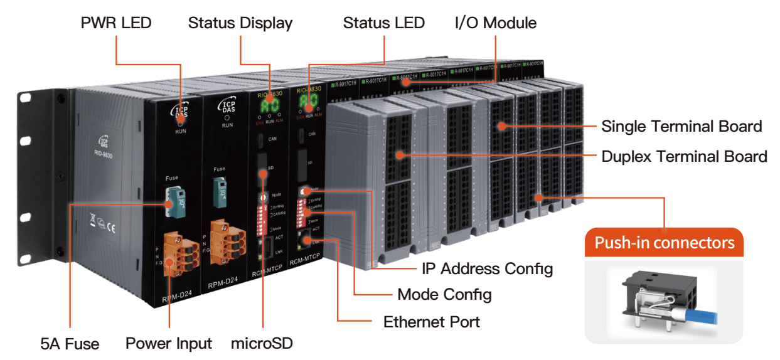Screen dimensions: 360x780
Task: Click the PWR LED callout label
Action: [x=116, y=23]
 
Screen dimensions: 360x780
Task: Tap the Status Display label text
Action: [x=240, y=23]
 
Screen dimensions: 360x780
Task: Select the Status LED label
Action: [x=383, y=23]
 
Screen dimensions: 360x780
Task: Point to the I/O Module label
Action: [x=495, y=23]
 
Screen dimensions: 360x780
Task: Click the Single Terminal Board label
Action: [x=681, y=126]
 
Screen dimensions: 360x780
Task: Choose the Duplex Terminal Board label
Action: [x=684, y=156]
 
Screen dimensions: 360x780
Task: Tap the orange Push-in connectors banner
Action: [x=664, y=243]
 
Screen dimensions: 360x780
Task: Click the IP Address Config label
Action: [x=487, y=269]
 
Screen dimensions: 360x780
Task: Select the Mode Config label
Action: [x=444, y=294]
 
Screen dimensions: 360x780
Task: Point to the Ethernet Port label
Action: [x=431, y=322]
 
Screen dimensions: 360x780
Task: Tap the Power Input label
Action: [x=169, y=344]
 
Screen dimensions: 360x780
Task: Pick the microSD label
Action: [x=262, y=344]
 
